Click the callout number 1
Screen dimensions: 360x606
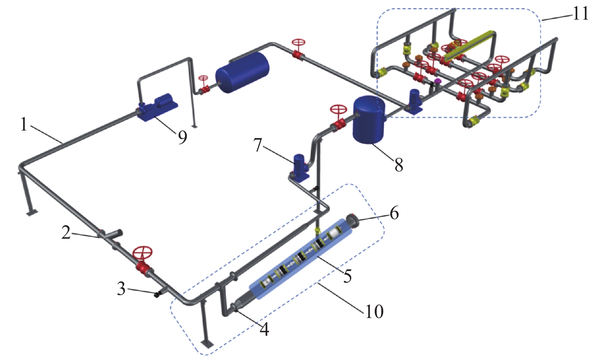[24, 124]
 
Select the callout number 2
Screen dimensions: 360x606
[66, 233]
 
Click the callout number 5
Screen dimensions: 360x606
[347, 276]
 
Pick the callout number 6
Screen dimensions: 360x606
[394, 213]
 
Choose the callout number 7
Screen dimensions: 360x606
[257, 145]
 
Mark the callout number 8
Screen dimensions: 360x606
[399, 165]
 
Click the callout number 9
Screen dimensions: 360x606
[182, 137]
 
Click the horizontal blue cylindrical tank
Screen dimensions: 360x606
[242, 73]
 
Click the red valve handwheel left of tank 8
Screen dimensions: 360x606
[339, 110]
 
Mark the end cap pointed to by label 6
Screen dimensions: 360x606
[352, 221]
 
